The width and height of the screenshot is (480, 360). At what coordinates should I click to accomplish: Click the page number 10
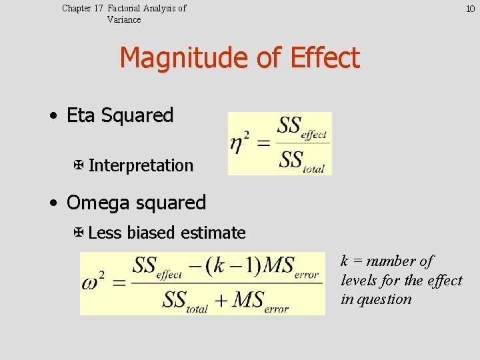pos(469,9)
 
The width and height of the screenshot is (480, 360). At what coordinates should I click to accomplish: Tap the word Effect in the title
pos(325,59)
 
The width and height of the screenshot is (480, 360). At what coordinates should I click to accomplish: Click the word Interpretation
pos(141,165)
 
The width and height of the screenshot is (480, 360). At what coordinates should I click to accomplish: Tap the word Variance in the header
pos(124,19)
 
